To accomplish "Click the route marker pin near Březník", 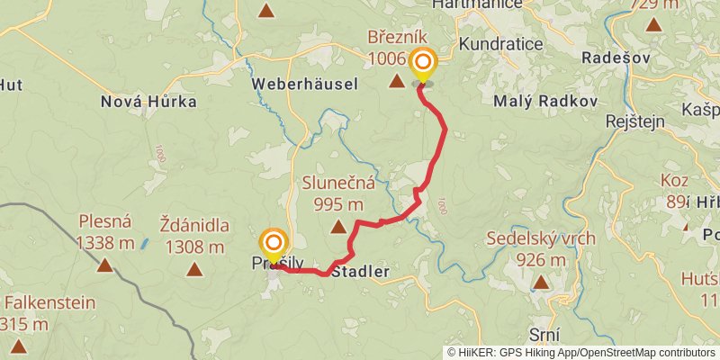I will pyautogui.click(x=422, y=63).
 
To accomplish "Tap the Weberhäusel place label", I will pyautogui.click(x=305, y=84).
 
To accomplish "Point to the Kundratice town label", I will pyautogui.click(x=499, y=44).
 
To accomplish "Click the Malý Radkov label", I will pyautogui.click(x=545, y=102).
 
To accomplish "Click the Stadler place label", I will pyautogui.click(x=360, y=270).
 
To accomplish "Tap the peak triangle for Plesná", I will pyautogui.click(x=105, y=265).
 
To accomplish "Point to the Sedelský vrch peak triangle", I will pyautogui.click(x=541, y=283).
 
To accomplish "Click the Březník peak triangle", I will pyautogui.click(x=396, y=82).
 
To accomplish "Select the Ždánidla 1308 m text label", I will pyautogui.click(x=193, y=233).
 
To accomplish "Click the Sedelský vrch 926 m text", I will pyautogui.click(x=541, y=249).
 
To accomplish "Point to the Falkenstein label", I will pyautogui.click(x=49, y=302).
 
